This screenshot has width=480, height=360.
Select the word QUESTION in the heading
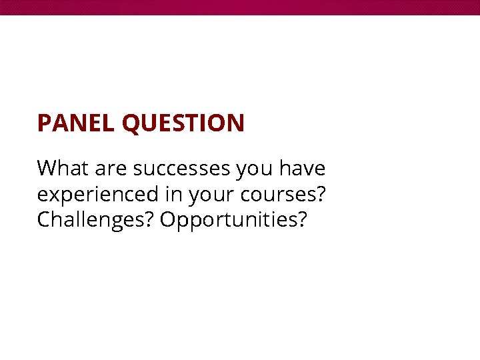click(x=183, y=124)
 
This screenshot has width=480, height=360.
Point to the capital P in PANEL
click(x=44, y=123)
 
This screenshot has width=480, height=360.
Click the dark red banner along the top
click(x=240, y=7)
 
